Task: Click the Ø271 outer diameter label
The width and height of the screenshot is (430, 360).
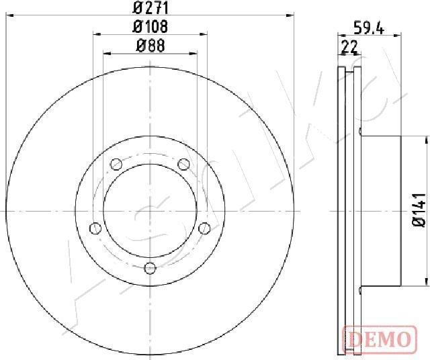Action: coord(150,8)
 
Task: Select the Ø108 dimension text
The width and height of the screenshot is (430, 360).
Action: coord(150,27)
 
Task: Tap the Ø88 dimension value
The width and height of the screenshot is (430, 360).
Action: coord(150,46)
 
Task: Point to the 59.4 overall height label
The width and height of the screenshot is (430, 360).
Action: coord(369,28)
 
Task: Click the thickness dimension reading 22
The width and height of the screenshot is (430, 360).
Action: coord(349,46)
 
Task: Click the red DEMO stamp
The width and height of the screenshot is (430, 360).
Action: coord(377,337)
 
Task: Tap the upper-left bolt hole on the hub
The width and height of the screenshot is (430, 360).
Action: coord(116,163)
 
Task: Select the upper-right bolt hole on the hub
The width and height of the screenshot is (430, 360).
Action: coord(183,163)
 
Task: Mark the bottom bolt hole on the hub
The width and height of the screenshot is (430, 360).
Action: coord(150,268)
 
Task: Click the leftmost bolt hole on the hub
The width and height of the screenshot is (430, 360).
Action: coord(95,228)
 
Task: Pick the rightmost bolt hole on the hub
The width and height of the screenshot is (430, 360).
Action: coord(204,228)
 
